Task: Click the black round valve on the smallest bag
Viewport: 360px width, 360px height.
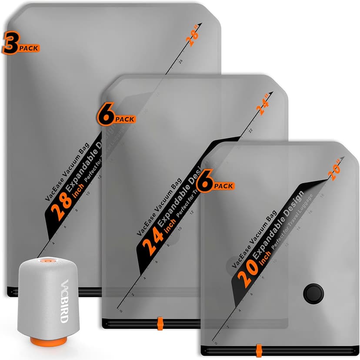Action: coord(313,293)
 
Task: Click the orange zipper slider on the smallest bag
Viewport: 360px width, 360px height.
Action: coord(259,349)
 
